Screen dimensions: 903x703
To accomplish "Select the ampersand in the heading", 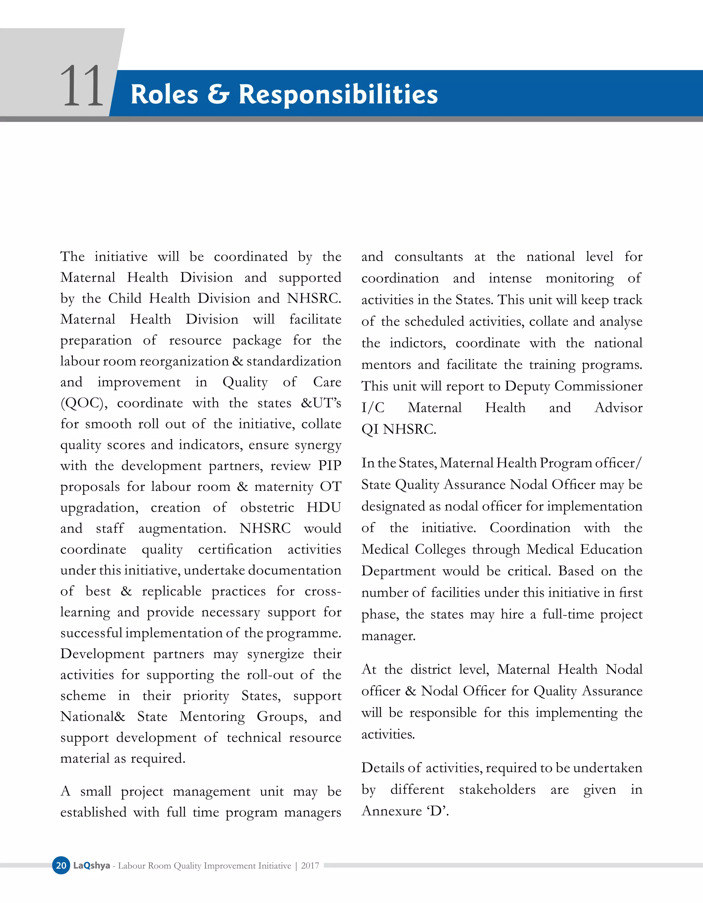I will tap(218, 94).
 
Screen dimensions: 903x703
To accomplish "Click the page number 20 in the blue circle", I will tap(61, 865).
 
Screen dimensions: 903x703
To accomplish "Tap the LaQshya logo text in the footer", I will tap(91, 865).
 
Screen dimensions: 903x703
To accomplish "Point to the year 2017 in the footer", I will tap(310, 865).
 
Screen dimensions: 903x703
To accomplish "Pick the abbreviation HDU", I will tap(324, 507).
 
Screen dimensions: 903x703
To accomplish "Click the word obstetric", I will tap(267, 507).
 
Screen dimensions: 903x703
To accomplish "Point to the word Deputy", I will tap(527, 386).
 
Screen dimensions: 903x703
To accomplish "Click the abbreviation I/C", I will tap(373, 408).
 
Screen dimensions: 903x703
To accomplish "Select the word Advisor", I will tap(618, 408).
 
